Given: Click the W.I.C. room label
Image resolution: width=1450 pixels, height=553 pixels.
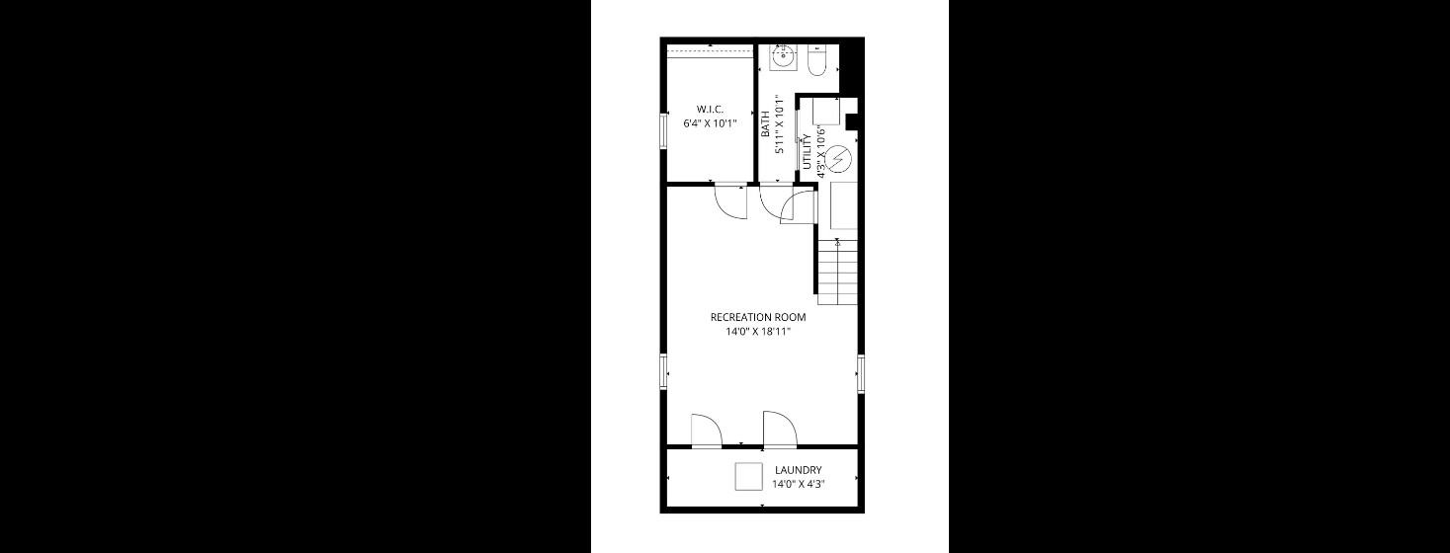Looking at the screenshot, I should (711, 109).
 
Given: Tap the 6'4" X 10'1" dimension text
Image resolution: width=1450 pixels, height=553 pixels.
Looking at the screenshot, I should (711, 123).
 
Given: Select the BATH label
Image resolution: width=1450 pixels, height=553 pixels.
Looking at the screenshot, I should (765, 125).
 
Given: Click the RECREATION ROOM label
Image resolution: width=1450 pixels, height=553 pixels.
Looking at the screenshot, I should (758, 317).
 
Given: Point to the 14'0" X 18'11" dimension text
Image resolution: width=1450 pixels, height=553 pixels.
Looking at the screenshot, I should (758, 332).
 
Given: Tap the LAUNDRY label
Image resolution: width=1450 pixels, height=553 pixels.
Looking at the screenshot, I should (799, 470).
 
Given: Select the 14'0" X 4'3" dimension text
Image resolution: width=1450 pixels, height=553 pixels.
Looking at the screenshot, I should (799, 484).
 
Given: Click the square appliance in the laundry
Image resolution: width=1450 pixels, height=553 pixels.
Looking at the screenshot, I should (749, 476).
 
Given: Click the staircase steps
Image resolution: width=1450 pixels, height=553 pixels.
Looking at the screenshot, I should (837, 272).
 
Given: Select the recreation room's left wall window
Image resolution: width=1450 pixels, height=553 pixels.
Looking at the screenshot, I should (663, 372).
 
